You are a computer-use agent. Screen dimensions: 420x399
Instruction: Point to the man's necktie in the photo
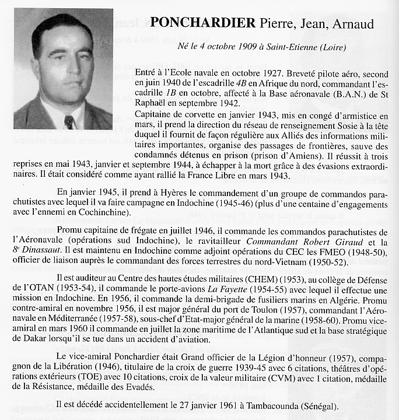tap(69, 121)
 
